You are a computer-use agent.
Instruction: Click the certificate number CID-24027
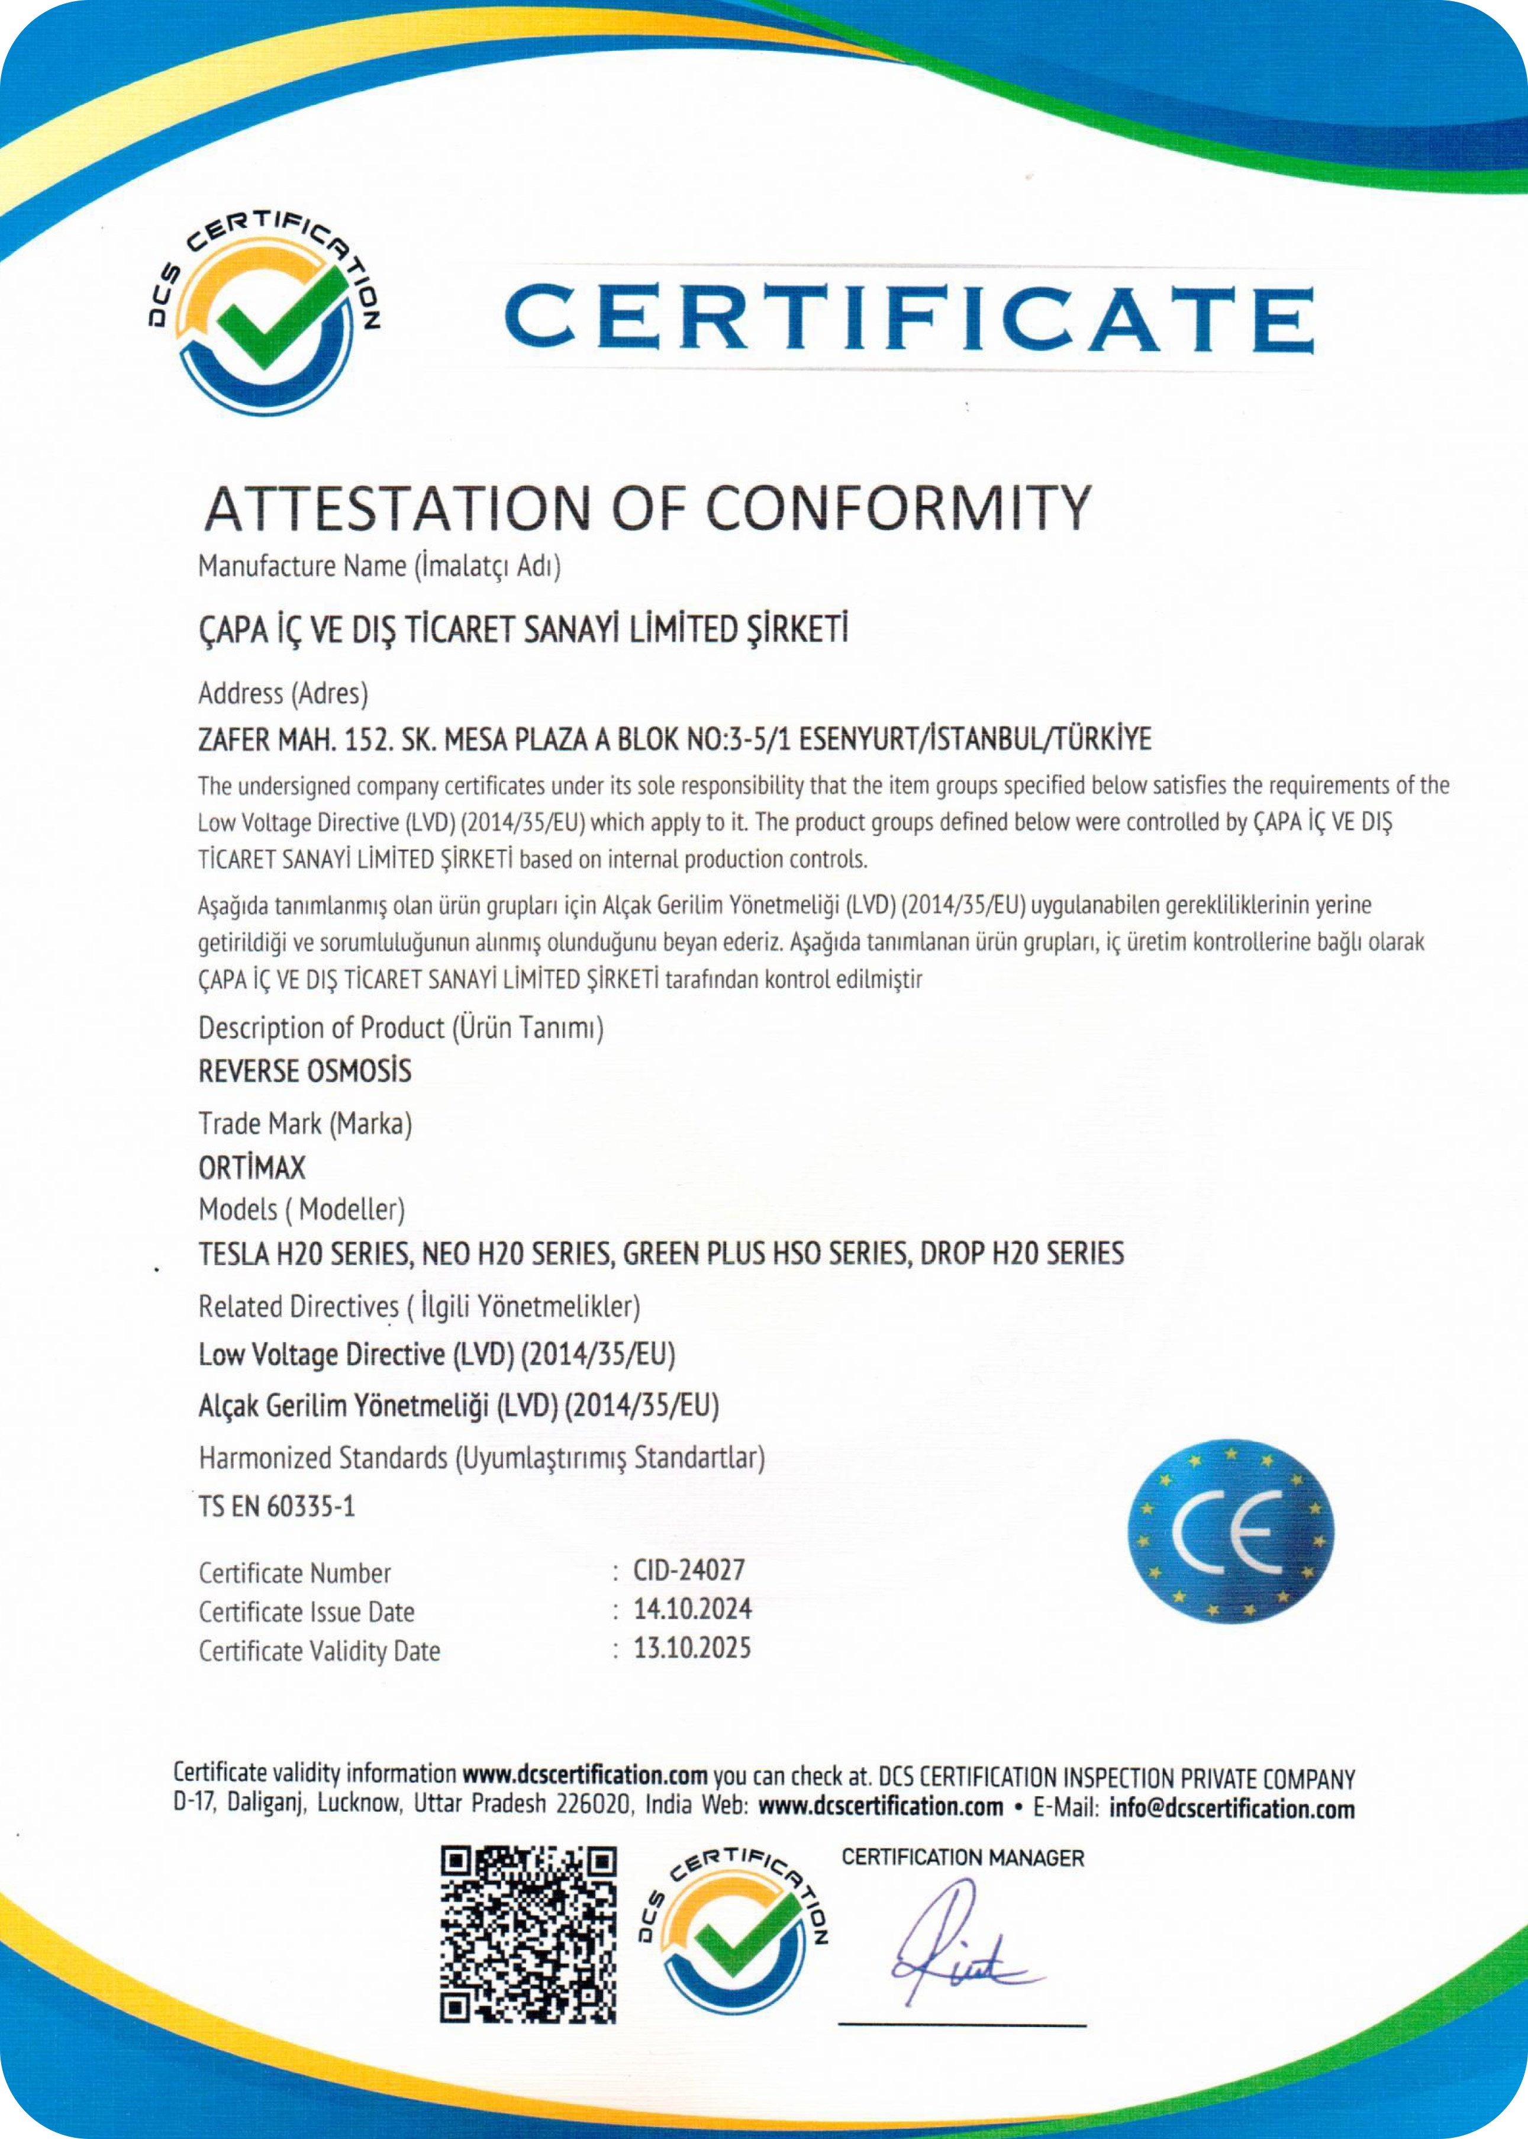(689, 1571)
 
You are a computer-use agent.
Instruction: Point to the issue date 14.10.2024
(692, 1609)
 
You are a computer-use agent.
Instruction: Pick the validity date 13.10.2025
(692, 1648)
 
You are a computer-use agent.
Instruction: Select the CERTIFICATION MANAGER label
(962, 1858)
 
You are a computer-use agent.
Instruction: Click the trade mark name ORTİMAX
(252, 1168)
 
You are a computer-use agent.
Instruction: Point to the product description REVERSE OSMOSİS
(305, 1071)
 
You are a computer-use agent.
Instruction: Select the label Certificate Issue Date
(306, 1612)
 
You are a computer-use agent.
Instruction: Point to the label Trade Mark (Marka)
(305, 1124)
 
